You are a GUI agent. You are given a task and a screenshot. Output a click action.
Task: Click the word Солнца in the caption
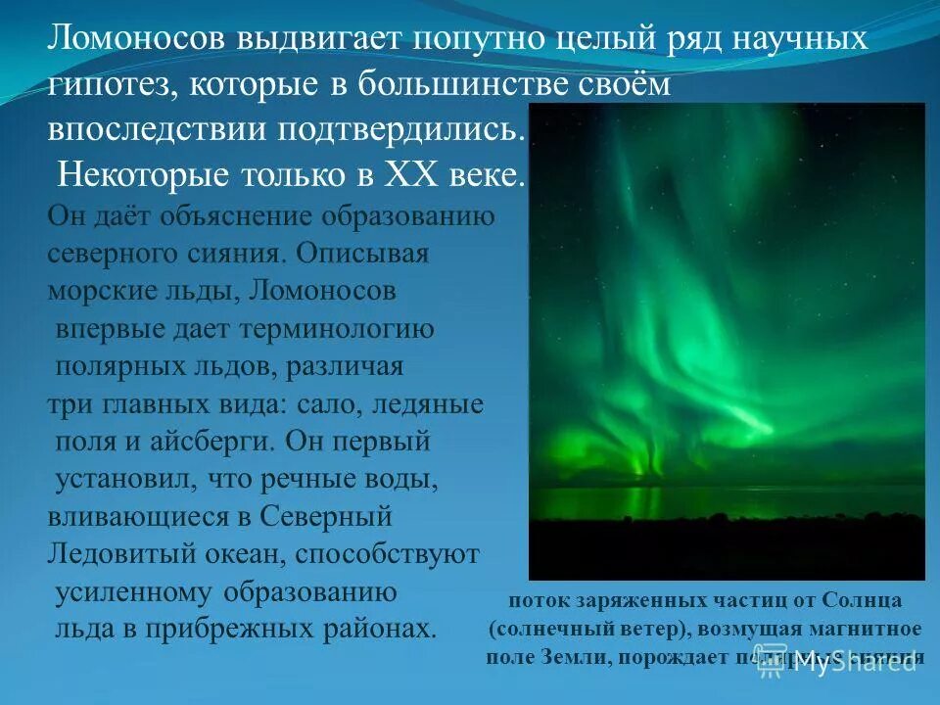click(x=862, y=599)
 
